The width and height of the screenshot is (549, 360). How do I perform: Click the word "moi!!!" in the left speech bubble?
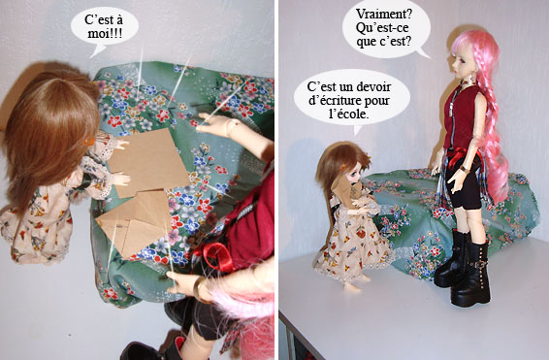coord(105,34)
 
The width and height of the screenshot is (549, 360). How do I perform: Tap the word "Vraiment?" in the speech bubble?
coord(384,14)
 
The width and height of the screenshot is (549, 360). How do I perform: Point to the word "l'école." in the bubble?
coord(349,115)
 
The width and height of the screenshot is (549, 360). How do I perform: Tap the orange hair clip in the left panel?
coord(88,142)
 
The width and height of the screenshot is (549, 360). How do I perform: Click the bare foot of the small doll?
coord(352,287)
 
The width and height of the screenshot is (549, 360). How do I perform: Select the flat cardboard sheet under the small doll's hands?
coord(148,163)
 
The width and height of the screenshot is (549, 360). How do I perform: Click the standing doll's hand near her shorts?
coord(455,180)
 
